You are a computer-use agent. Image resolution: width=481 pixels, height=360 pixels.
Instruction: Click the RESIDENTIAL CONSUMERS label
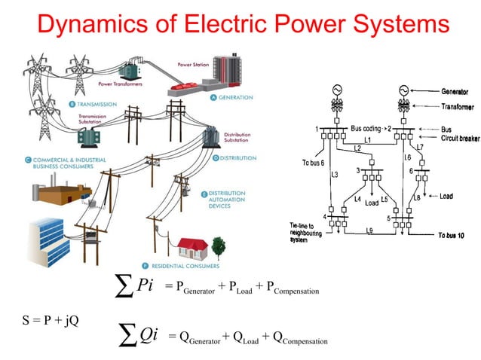point(189,266)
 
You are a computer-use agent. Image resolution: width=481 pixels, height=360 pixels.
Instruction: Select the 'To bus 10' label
point(454,236)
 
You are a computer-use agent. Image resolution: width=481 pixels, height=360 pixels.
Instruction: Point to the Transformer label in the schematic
point(459,105)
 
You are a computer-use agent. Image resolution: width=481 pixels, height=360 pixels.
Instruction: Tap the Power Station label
point(193,65)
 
